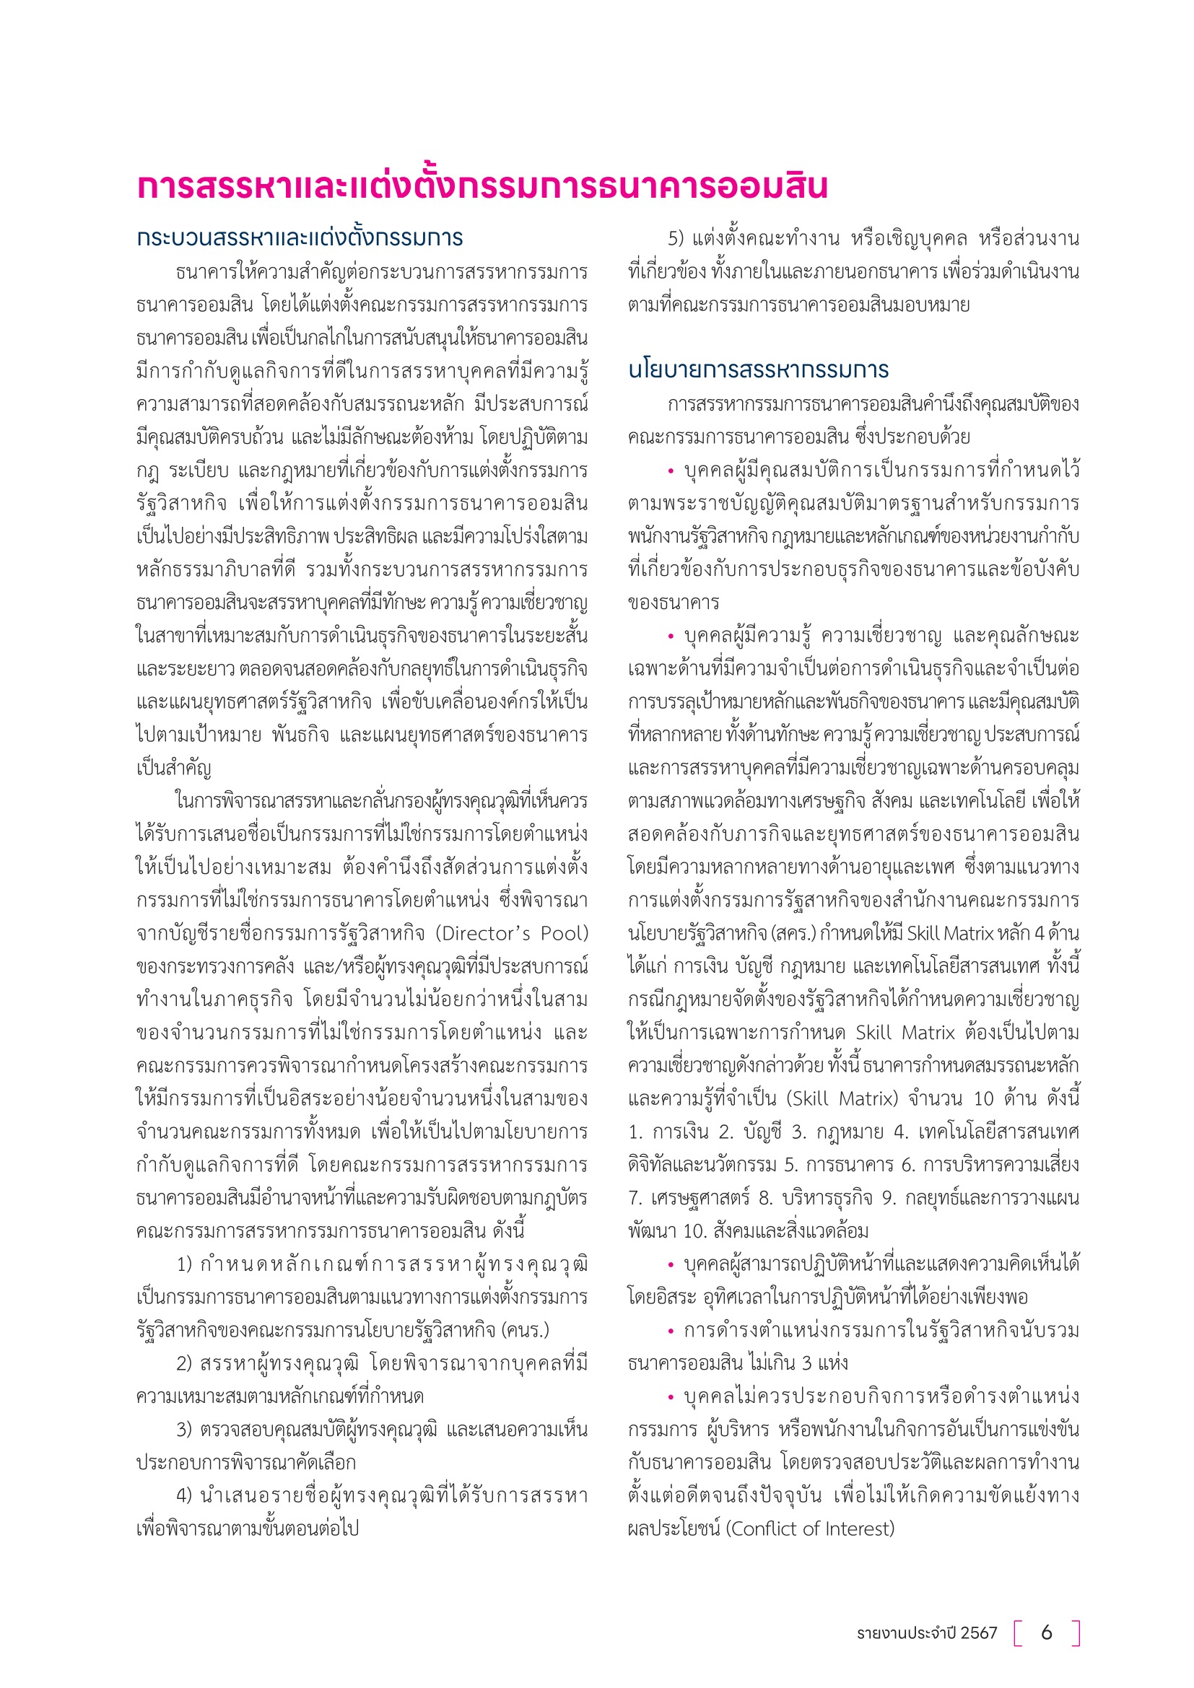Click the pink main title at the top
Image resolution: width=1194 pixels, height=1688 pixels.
pyautogui.click(x=482, y=187)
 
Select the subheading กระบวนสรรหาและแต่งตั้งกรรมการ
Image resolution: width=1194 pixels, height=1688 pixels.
pyautogui.click(x=300, y=238)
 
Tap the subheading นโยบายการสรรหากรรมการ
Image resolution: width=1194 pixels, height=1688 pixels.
pyautogui.click(x=758, y=369)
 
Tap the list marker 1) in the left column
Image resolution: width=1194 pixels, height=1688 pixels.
pyautogui.click(x=185, y=1264)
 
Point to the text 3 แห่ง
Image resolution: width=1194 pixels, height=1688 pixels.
pyautogui.click(x=824, y=1364)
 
